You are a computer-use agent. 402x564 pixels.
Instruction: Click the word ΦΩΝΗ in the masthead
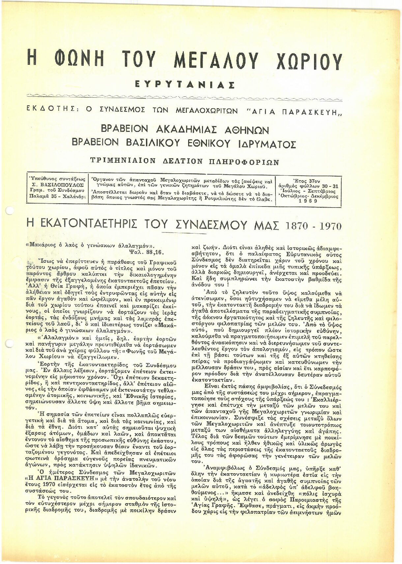point(79,60)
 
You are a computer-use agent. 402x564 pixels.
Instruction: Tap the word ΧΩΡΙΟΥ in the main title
point(308,61)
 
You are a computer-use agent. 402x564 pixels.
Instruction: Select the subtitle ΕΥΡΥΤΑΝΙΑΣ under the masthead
point(185,85)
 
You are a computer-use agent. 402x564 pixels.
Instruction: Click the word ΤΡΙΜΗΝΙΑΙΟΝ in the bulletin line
point(123,161)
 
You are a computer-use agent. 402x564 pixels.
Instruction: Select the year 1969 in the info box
point(308,201)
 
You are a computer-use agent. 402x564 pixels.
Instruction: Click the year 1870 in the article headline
point(297,226)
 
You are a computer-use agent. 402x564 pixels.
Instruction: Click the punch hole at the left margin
point(9,210)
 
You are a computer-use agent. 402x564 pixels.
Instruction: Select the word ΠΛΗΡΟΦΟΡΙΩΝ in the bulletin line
point(244,162)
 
